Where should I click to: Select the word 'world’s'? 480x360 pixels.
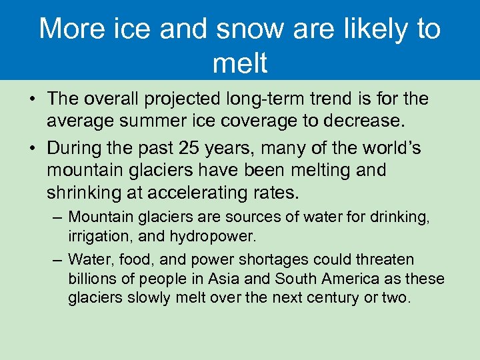pyautogui.click(x=389, y=147)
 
